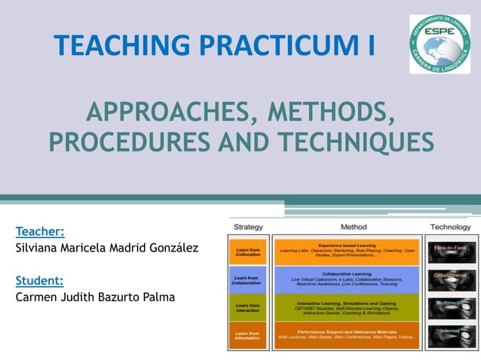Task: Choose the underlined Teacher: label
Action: click(40, 231)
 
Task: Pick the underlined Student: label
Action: click(39, 281)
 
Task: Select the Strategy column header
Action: click(248, 226)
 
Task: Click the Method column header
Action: click(354, 226)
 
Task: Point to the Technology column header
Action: click(450, 226)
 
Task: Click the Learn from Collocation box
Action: click(248, 252)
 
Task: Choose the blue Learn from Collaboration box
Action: click(248, 279)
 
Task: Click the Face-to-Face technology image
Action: click(450, 251)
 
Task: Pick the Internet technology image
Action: click(450, 334)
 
